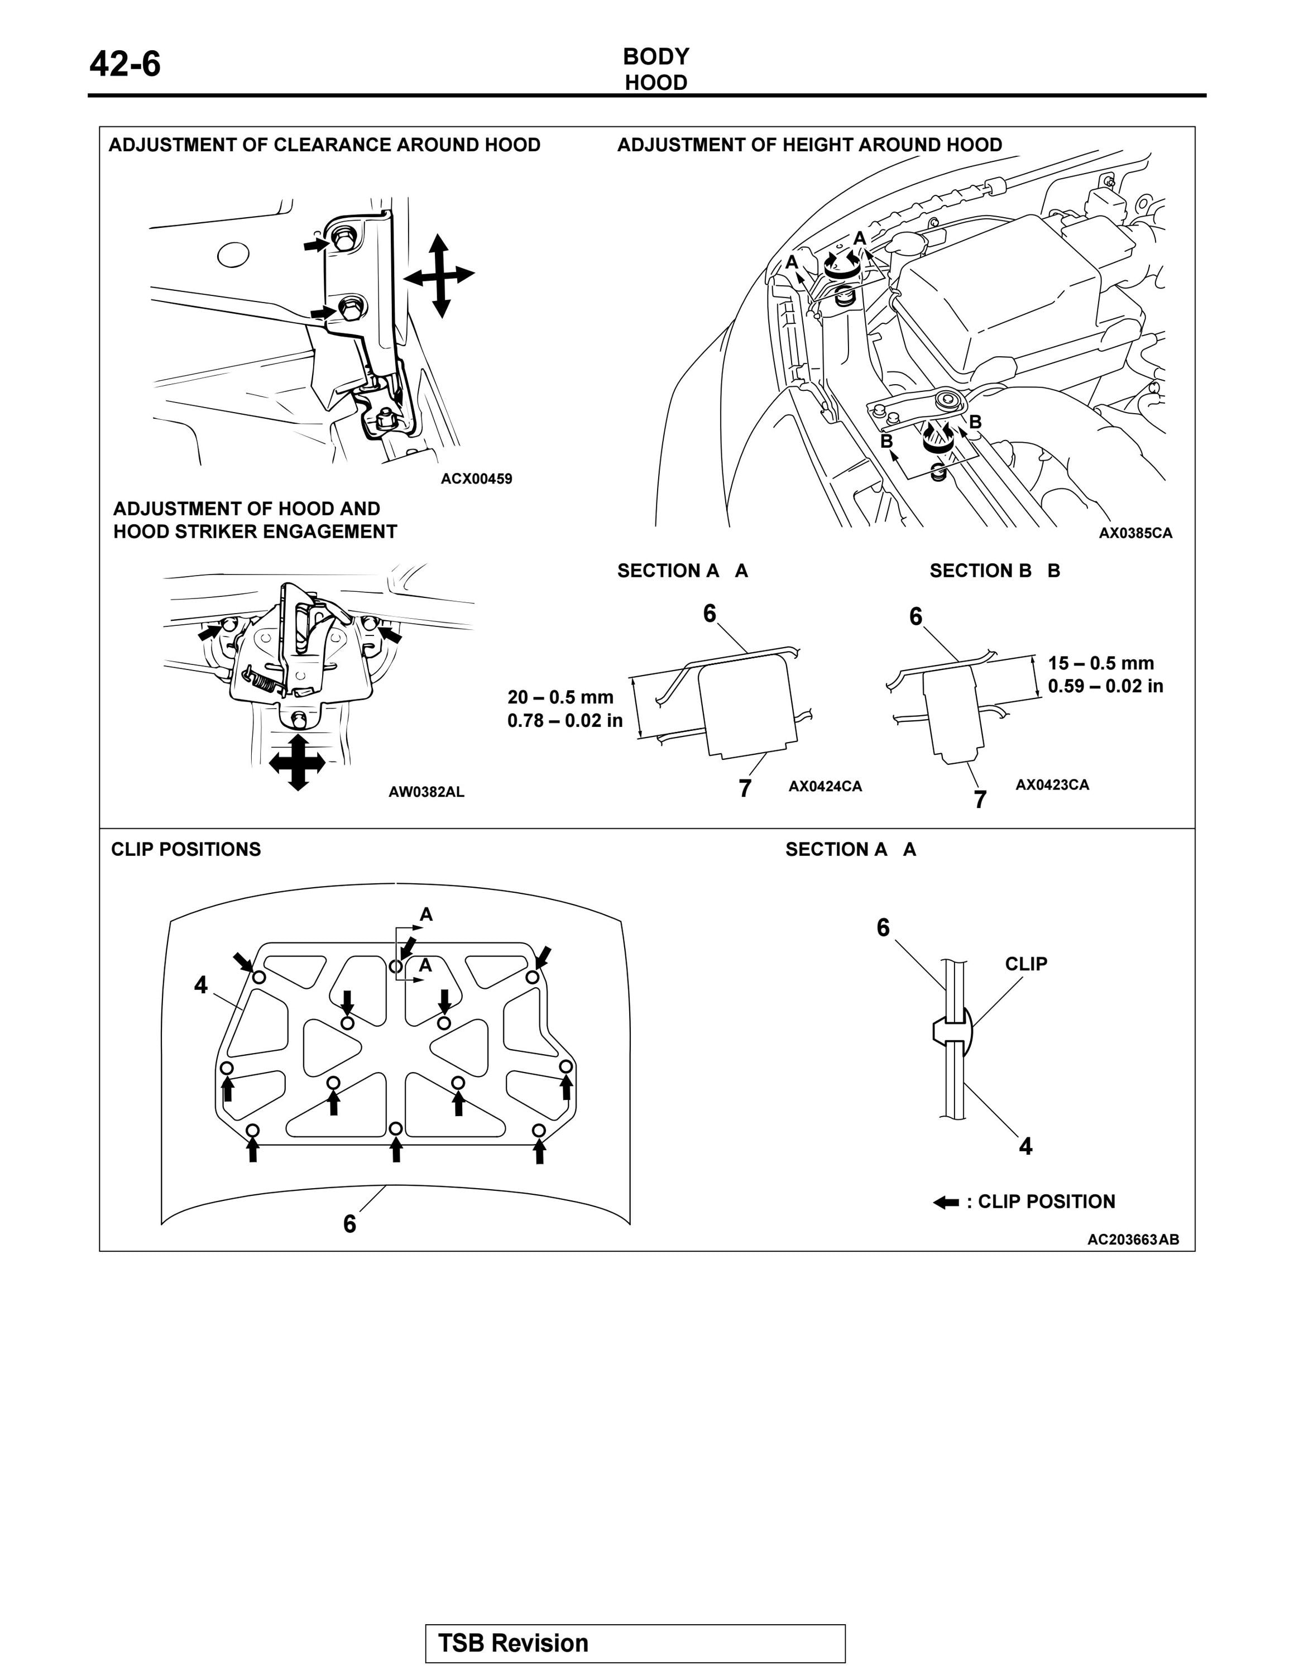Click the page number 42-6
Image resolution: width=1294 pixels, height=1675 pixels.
(125, 64)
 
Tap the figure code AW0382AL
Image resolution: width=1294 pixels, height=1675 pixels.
(426, 792)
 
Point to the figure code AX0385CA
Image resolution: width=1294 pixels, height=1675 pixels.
(1135, 533)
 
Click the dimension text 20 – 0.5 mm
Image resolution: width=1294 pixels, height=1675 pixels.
(560, 697)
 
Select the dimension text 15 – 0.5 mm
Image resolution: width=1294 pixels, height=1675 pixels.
(1101, 663)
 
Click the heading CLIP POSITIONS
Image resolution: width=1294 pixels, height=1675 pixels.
(185, 849)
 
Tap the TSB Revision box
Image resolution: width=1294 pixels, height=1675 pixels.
(635, 1643)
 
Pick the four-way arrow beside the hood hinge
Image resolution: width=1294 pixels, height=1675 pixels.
(439, 275)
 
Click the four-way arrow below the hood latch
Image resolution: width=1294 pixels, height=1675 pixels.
(298, 763)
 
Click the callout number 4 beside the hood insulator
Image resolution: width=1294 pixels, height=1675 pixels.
(201, 985)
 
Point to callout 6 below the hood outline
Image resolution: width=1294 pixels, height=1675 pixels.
(349, 1223)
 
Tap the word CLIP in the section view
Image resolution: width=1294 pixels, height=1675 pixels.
(1025, 964)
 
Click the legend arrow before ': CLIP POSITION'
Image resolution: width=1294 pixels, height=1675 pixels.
(946, 1202)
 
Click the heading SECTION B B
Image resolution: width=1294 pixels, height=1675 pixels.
(994, 571)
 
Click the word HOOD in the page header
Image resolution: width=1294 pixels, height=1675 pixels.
(655, 83)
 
